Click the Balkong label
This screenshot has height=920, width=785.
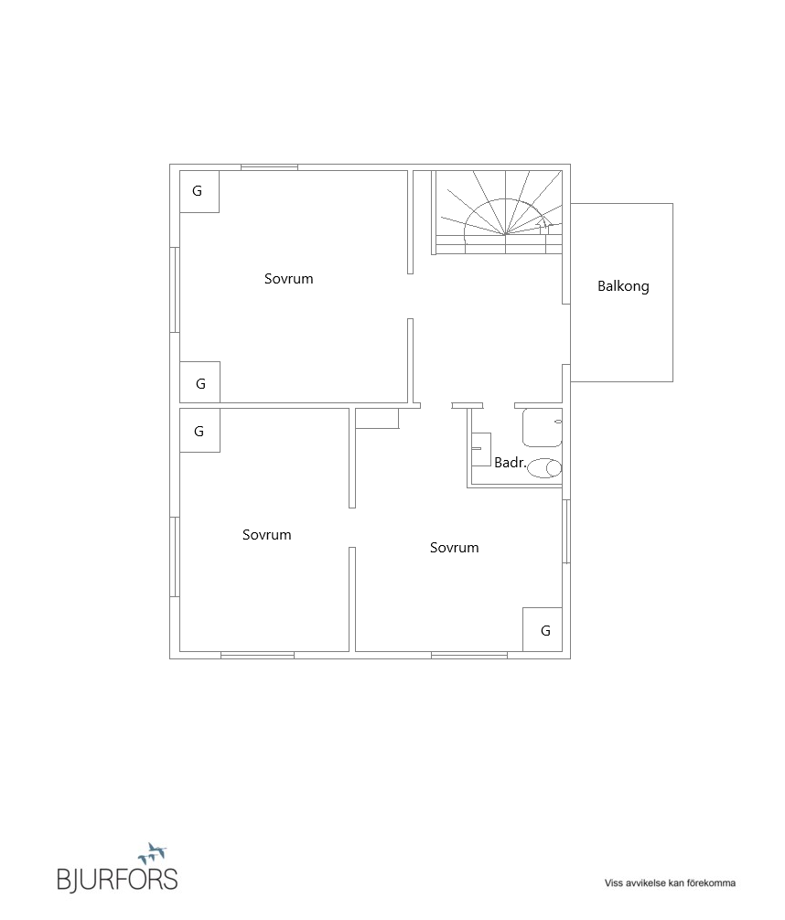pyautogui.click(x=623, y=286)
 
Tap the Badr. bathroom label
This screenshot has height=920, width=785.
pyautogui.click(x=510, y=463)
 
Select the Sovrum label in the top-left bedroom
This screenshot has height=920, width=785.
pyautogui.click(x=288, y=279)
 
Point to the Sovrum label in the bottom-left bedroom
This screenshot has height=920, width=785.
pyautogui.click(x=266, y=534)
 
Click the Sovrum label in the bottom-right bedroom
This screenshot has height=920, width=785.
pyautogui.click(x=454, y=548)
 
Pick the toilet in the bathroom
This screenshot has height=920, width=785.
pyautogui.click(x=544, y=468)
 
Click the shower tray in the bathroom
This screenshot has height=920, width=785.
pyautogui.click(x=542, y=428)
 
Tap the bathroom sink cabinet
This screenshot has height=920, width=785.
pyautogui.click(x=481, y=449)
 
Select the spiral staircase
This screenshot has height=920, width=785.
pyautogui.click(x=498, y=212)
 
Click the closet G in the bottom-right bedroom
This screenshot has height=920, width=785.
pyautogui.click(x=543, y=629)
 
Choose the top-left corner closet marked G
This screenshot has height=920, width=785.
pyautogui.click(x=199, y=191)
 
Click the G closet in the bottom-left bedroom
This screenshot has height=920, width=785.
pyautogui.click(x=199, y=431)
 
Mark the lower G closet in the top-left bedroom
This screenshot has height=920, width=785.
pyautogui.click(x=199, y=382)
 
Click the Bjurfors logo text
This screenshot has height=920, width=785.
pyautogui.click(x=117, y=879)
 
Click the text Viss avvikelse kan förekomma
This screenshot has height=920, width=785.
pyautogui.click(x=670, y=883)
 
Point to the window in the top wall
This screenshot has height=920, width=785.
pyautogui.click(x=270, y=167)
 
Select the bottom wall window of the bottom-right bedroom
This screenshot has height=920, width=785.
pyautogui.click(x=469, y=655)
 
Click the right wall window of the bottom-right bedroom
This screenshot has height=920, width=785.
pyautogui.click(x=566, y=531)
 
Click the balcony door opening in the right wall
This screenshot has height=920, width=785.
pyautogui.click(x=566, y=334)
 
